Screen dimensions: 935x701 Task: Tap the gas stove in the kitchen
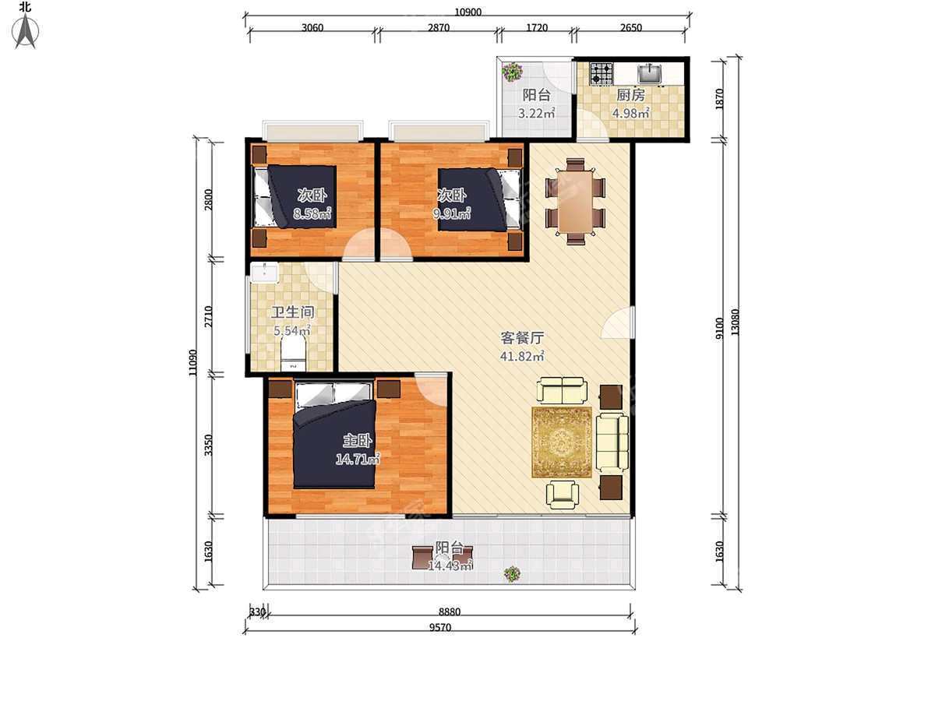click(x=601, y=73)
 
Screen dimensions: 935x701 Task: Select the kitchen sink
click(x=649, y=72)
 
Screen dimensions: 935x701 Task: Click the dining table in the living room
click(x=576, y=201)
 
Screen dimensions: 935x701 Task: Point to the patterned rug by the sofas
click(x=562, y=442)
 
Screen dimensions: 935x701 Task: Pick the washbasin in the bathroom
click(x=264, y=273)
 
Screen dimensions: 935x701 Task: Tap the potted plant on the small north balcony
click(x=512, y=72)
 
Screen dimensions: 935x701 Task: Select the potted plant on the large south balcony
click(x=512, y=574)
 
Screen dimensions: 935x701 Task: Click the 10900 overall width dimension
click(x=467, y=12)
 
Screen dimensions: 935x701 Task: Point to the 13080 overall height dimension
click(x=736, y=322)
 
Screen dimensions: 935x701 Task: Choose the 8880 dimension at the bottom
click(x=450, y=612)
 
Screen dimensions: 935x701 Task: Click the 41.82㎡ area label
click(x=522, y=356)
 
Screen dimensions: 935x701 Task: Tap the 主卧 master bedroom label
click(x=358, y=441)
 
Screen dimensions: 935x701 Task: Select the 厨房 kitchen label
click(x=631, y=95)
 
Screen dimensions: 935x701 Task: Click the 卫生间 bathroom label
click(x=293, y=312)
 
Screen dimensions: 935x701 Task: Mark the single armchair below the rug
click(x=563, y=495)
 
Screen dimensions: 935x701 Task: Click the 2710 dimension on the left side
click(x=208, y=317)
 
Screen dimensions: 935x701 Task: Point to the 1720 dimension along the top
click(x=537, y=28)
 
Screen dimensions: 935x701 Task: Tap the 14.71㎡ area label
click(x=358, y=460)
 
